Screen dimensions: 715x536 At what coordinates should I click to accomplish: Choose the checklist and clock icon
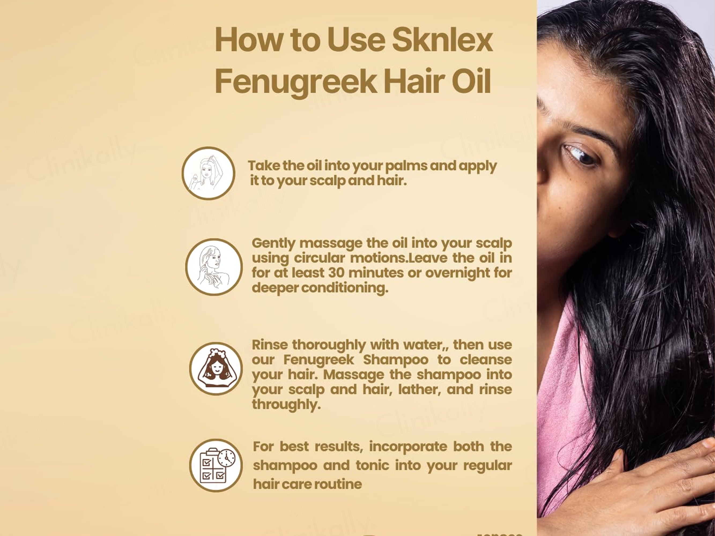click(216, 466)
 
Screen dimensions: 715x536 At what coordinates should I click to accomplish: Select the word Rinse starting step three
click(270, 345)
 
